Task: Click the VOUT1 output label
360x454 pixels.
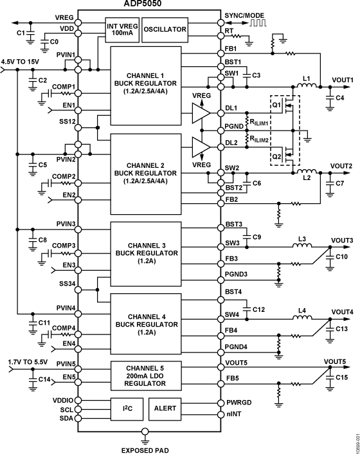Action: (343, 80)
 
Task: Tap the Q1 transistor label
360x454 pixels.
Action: (278, 104)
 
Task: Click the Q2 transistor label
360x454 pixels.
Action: (278, 156)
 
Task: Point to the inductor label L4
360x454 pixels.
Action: (301, 311)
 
